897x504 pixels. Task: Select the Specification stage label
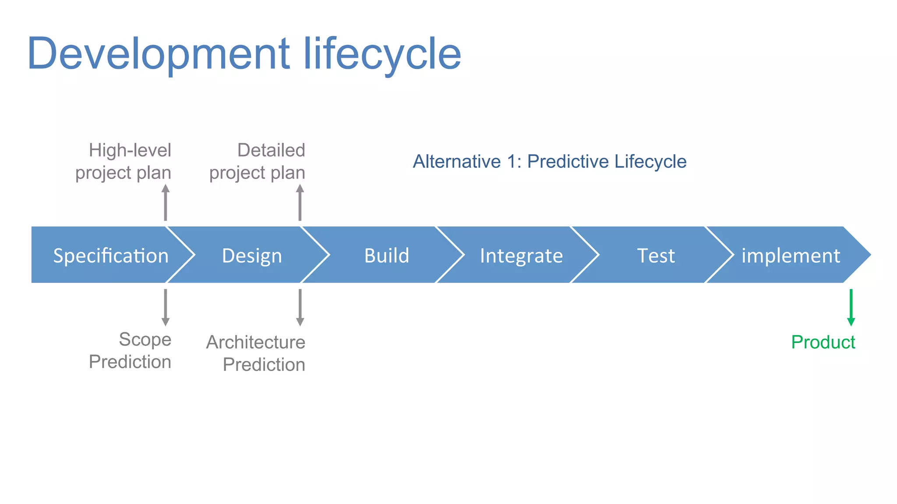[x=111, y=255]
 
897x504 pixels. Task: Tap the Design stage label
[x=252, y=255]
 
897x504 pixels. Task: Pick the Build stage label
[x=387, y=255]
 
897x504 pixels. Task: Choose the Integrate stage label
[x=521, y=255]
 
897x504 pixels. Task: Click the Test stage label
[x=656, y=255]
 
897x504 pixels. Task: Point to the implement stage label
[x=791, y=255]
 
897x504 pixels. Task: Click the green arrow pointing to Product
[x=851, y=307]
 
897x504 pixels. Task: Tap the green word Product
[x=823, y=342]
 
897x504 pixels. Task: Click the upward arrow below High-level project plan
[x=166, y=203]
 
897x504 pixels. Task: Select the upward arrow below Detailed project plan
[x=300, y=203]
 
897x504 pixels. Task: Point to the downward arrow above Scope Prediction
[x=166, y=307]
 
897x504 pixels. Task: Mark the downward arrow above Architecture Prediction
[x=300, y=307]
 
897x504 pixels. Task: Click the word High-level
[x=130, y=150]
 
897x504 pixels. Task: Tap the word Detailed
[x=271, y=150]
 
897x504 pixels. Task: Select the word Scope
[x=145, y=339]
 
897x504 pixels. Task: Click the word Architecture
[x=256, y=342]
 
